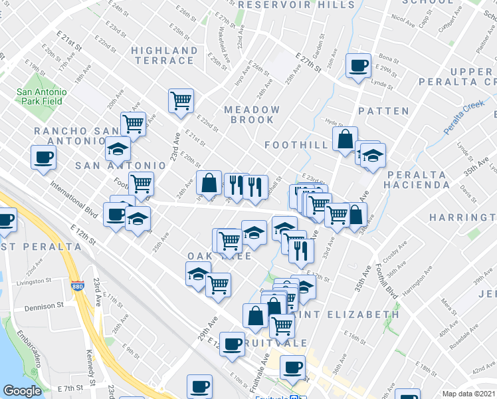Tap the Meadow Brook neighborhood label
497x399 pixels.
252,114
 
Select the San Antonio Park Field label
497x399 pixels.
41,97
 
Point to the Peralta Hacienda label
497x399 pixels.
420,180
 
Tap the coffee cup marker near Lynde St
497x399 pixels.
359,66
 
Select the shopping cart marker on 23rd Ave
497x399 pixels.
181,100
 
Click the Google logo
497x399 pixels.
23,391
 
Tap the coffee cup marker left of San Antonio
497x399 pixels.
43,158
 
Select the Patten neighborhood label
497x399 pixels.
383,110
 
